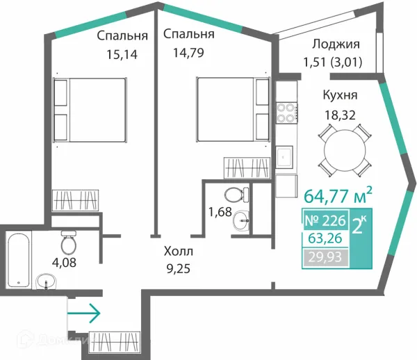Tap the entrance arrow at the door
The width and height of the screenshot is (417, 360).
click(84, 313)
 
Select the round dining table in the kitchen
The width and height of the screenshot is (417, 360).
click(345, 149)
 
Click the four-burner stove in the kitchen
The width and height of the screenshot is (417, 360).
click(287, 113)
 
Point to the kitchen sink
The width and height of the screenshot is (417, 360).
click(284, 156)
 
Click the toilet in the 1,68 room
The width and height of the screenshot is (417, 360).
click(236, 195)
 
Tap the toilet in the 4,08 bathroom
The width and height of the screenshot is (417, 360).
click(69, 243)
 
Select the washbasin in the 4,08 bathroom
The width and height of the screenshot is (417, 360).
click(46, 281)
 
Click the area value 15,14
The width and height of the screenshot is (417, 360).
click(122, 54)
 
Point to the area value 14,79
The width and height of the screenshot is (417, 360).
click(188, 53)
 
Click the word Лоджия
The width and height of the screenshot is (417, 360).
click(336, 44)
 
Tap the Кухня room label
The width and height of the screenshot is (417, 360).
click(340, 95)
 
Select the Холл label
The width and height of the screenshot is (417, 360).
click(179, 251)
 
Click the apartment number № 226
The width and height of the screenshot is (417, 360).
click(325, 220)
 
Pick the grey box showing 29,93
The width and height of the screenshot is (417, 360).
click(325, 257)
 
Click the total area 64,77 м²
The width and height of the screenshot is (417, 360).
click(338, 195)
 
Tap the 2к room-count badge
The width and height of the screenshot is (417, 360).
click(359, 224)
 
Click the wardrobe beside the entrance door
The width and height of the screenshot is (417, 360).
click(115, 343)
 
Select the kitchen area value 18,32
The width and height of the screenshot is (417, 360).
click(340, 115)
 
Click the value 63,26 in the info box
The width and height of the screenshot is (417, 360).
click(325, 238)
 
